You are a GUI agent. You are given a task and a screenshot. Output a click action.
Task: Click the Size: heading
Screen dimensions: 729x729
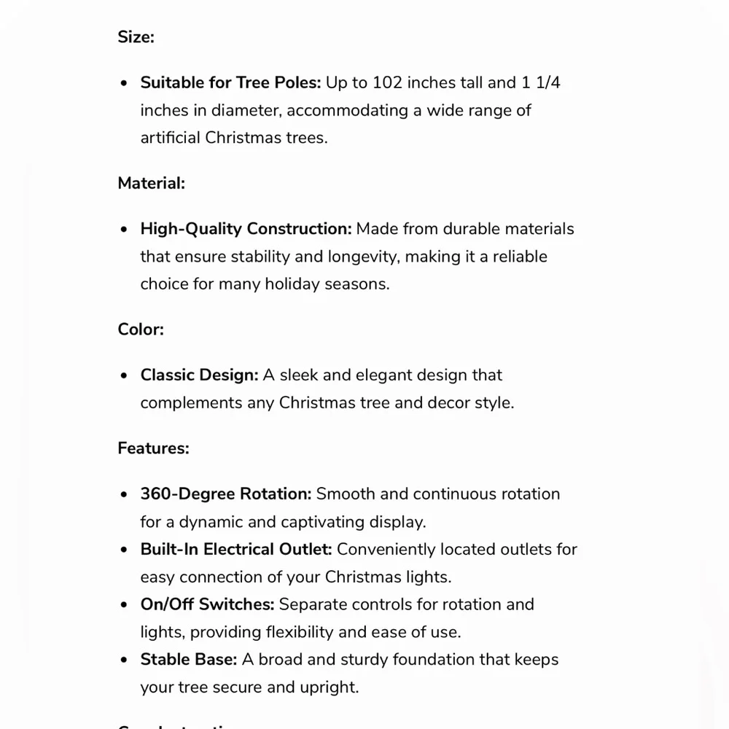tap(136, 37)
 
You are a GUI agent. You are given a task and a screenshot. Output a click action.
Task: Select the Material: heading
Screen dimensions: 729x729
tap(151, 183)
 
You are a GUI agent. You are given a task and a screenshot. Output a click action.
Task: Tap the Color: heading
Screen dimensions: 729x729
tap(141, 329)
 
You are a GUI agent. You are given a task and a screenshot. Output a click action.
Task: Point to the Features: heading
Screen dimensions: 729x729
tap(153, 448)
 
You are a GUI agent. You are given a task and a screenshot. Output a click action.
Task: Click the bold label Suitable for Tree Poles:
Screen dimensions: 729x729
tap(230, 82)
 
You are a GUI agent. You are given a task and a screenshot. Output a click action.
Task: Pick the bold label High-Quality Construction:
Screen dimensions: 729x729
tap(246, 229)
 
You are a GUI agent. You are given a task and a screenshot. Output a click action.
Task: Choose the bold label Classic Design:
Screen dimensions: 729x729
tap(199, 375)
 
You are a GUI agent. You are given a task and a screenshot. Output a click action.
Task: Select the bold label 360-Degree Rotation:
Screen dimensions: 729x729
tap(226, 494)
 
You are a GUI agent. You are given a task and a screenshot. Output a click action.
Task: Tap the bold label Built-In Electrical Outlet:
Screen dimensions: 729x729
tap(236, 549)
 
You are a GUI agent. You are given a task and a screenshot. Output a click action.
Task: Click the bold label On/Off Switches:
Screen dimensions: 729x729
tap(207, 604)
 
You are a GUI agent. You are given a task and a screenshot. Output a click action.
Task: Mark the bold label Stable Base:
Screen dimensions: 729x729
tap(188, 660)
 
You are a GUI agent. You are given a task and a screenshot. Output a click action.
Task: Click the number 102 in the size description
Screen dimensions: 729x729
tap(387, 82)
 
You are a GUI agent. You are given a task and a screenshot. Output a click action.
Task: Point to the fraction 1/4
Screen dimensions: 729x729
tap(547, 82)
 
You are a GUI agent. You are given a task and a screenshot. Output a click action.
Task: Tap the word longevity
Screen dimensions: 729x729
tap(361, 257)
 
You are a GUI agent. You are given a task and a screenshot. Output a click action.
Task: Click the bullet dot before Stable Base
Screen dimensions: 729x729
tap(124, 660)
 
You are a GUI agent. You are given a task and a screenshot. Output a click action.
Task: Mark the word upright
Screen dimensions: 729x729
tap(332, 687)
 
